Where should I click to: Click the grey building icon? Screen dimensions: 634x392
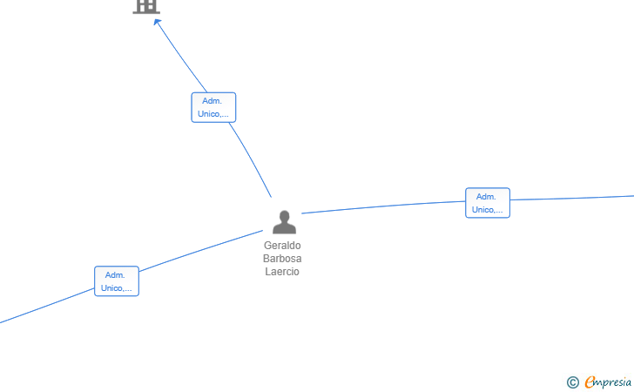point(146,6)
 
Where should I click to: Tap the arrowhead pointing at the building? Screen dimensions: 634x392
point(157,22)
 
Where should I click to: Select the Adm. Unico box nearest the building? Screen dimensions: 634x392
point(213,107)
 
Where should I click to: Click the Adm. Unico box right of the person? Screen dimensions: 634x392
point(488,203)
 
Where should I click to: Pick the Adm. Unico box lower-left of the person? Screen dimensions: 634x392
point(117,281)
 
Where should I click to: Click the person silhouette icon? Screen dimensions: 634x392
point(284,222)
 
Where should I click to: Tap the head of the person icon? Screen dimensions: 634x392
point(284,216)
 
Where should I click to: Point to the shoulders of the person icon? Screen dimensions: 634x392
point(284,229)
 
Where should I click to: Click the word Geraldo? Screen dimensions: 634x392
point(282,246)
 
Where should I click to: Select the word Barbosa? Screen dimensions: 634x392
point(282,259)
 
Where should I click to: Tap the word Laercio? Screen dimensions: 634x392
point(282,272)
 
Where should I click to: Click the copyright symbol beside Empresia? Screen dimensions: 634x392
point(573,382)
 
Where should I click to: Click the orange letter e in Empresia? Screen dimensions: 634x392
point(590,382)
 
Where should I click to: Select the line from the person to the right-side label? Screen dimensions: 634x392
point(383,206)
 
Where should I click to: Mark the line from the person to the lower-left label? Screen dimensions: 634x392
point(201,251)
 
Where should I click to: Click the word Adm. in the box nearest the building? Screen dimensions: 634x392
point(212,101)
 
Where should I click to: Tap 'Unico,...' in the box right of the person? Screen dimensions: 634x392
point(487,210)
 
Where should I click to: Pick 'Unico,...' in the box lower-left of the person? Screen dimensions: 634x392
point(116,288)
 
